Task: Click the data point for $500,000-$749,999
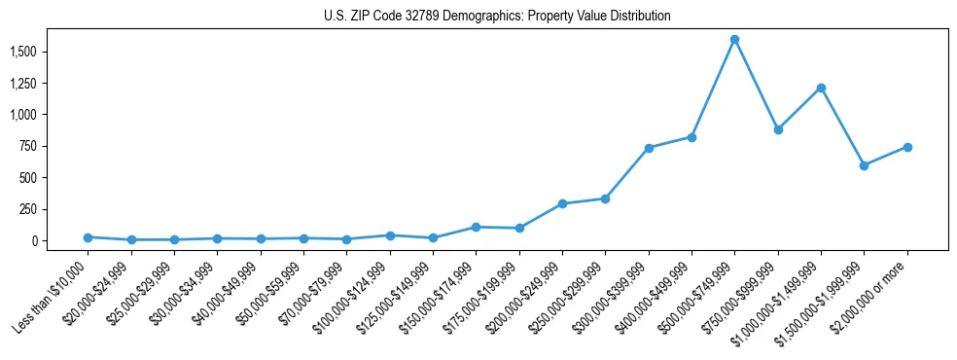point(734,40)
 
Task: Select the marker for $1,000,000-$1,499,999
point(821,88)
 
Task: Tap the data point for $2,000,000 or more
point(907,147)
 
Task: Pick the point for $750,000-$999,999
point(778,129)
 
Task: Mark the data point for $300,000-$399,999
point(649,148)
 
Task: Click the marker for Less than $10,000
point(88,237)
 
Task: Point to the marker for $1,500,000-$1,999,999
point(864,165)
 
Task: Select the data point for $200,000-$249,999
point(562,203)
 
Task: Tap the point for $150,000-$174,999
point(476,227)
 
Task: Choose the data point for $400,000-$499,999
point(691,137)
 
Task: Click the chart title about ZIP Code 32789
point(497,17)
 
